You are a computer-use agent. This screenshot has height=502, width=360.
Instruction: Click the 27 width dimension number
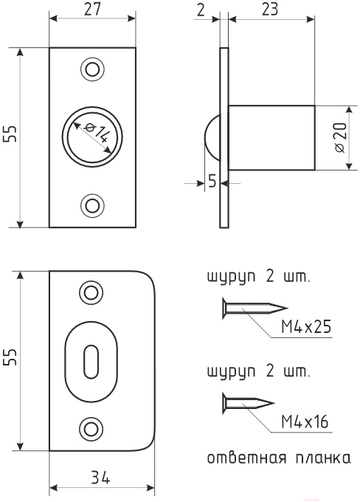click(x=92, y=9)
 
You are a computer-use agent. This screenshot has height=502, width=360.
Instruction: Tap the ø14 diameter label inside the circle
click(x=95, y=133)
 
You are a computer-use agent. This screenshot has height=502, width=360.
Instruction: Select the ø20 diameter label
click(x=340, y=137)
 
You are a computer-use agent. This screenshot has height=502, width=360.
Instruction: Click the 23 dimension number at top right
click(x=270, y=10)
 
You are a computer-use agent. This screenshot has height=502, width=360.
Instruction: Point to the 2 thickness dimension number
click(x=201, y=10)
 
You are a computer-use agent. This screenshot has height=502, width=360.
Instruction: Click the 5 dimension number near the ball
click(x=212, y=181)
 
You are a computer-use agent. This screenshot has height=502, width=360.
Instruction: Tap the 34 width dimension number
click(x=100, y=478)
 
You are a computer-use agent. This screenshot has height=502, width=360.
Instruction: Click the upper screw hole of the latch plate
click(x=92, y=69)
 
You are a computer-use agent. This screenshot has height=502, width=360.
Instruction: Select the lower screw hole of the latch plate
click(x=92, y=205)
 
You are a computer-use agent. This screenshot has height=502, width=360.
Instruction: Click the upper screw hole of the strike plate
click(x=91, y=292)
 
